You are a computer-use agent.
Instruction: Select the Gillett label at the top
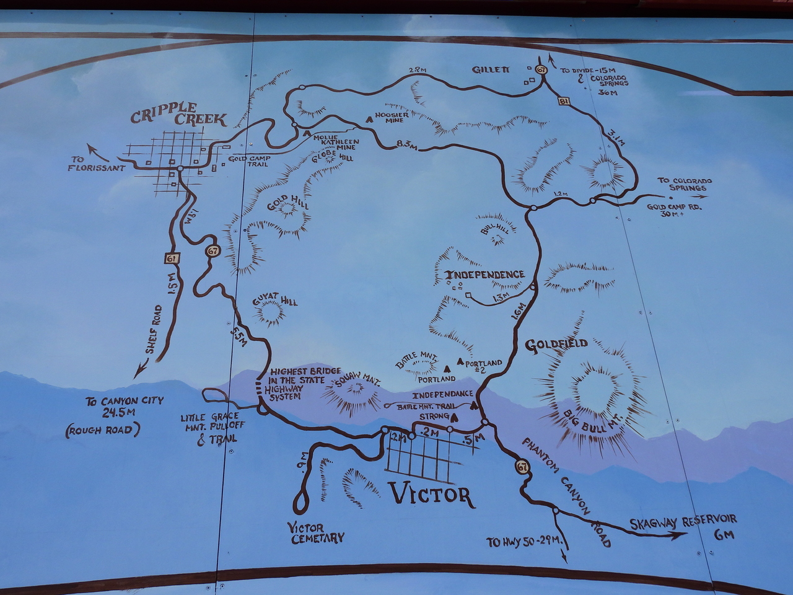tap(493, 69)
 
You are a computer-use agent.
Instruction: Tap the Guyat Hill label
tap(275, 301)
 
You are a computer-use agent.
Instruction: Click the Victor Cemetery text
tap(315, 533)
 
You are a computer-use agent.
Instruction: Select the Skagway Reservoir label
tap(683, 522)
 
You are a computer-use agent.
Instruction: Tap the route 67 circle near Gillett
tap(541, 70)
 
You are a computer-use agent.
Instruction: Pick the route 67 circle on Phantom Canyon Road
tap(524, 467)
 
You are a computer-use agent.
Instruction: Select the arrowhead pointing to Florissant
tap(91, 148)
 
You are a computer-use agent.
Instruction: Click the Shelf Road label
tap(154, 330)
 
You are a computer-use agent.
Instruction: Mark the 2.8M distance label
tap(418, 69)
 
